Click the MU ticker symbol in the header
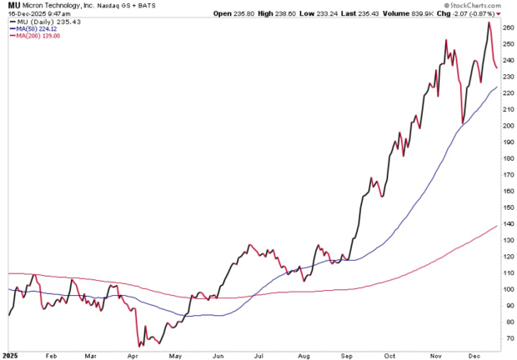[x=8, y=6]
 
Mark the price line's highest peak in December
[x=489, y=22]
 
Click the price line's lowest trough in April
[x=138, y=345]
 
